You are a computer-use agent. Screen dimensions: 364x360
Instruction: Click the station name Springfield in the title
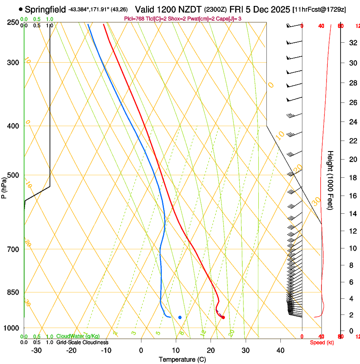click(45, 9)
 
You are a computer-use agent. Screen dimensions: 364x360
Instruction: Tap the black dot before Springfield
click(21, 9)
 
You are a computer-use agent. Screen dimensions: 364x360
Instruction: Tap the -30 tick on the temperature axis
click(36, 350)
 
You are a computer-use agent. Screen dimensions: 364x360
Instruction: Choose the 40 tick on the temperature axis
click(280, 350)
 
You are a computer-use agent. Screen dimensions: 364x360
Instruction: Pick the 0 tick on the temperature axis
click(141, 350)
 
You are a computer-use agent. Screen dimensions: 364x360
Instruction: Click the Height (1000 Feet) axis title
click(330, 180)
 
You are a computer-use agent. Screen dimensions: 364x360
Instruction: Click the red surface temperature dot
click(223, 317)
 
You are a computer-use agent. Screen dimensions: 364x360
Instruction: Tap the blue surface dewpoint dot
click(180, 317)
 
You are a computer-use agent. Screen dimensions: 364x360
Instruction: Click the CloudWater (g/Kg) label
click(78, 336)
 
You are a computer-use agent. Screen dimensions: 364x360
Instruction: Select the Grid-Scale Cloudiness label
click(82, 342)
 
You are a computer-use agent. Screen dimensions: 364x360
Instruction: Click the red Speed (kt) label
click(322, 342)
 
